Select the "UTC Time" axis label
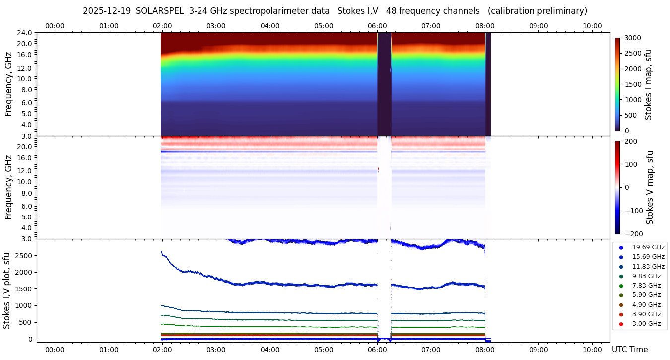coord(629,350)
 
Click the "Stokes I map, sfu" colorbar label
coord(648,84)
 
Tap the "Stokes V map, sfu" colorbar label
coord(650,187)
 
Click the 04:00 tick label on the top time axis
coord(269,26)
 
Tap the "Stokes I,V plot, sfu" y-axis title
coord(7,290)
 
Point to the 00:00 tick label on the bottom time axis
coord(55,350)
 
